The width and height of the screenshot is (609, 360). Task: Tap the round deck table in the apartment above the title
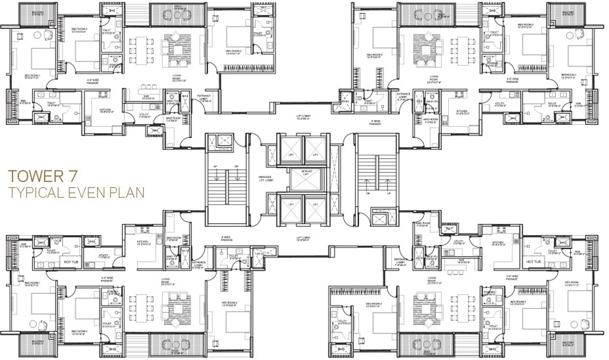pyautogui.click(x=178, y=14)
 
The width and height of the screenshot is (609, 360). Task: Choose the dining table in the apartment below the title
pyautogui.click(x=137, y=309)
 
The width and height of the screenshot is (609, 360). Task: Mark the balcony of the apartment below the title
pyautogui.click(x=33, y=346)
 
